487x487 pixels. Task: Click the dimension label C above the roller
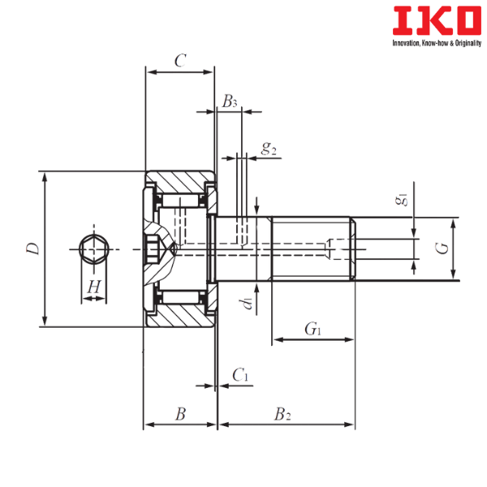(x=180, y=60)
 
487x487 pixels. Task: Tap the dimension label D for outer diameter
(x=32, y=248)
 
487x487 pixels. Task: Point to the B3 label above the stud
(x=230, y=101)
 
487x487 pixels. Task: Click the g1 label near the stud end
(x=401, y=200)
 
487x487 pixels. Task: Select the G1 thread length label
(x=311, y=329)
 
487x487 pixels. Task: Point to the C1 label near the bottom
(x=240, y=374)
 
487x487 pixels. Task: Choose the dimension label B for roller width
(x=180, y=414)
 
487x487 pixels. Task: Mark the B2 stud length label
(x=282, y=414)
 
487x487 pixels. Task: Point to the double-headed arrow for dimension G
(x=454, y=248)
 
